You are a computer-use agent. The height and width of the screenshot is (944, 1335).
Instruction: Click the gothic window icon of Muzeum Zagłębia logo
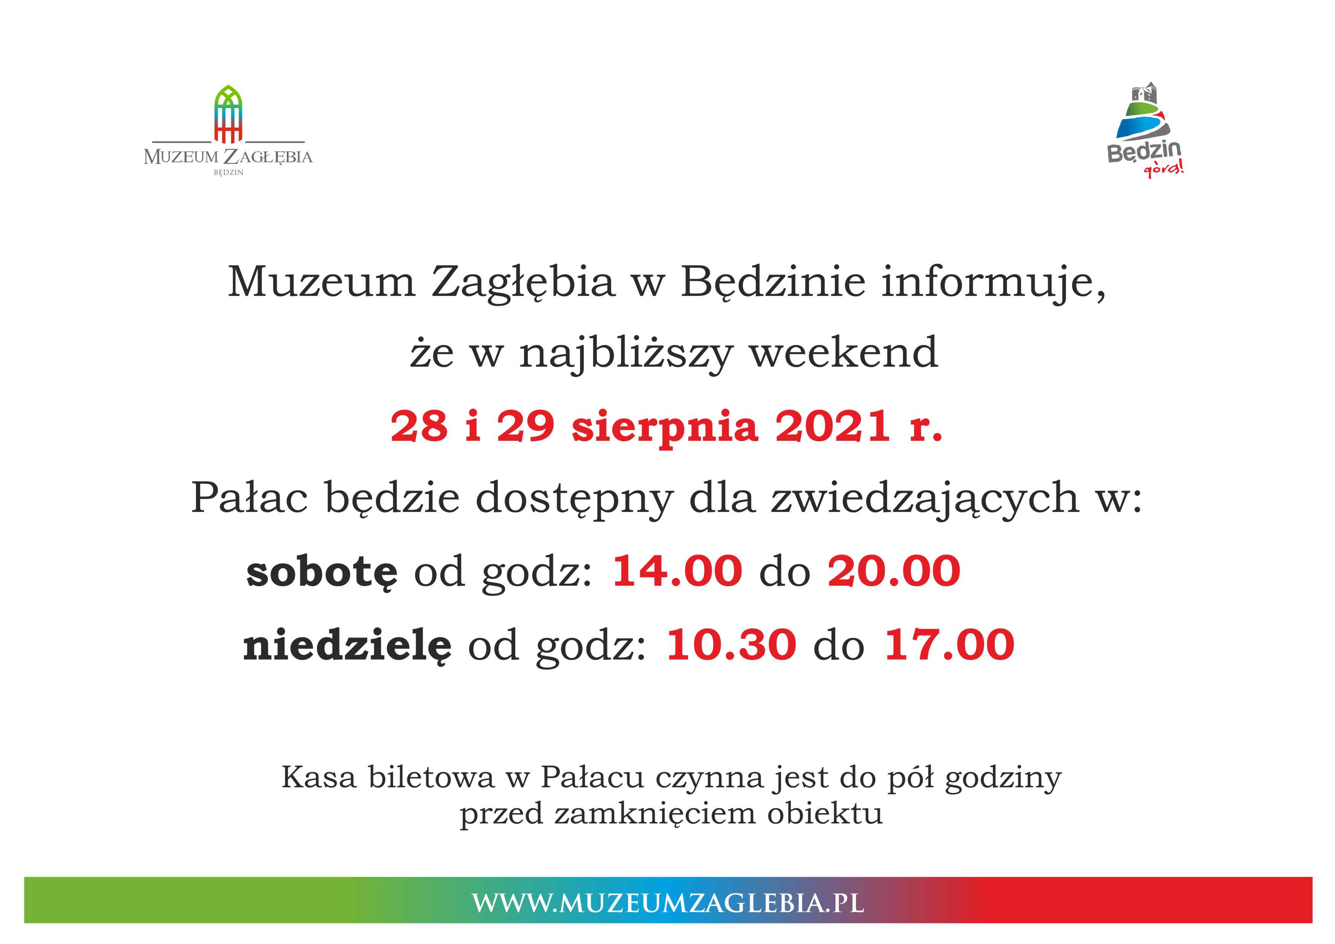click(228, 114)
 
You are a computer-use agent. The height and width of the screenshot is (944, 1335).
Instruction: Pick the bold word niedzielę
click(347, 645)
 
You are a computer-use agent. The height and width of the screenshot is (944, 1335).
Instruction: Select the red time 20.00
click(894, 571)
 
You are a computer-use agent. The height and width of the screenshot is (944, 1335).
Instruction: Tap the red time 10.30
click(731, 645)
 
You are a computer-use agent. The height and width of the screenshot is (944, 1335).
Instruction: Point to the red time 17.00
click(949, 645)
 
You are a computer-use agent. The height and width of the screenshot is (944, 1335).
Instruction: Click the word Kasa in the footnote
click(319, 778)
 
